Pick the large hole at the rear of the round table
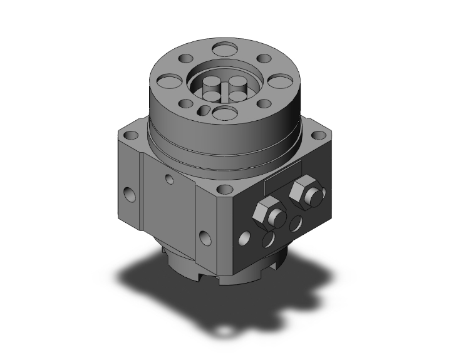(222, 48)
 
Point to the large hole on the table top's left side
(167, 81)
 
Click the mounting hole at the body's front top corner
(222, 187)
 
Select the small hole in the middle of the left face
(169, 179)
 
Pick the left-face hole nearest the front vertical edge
(204, 236)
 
